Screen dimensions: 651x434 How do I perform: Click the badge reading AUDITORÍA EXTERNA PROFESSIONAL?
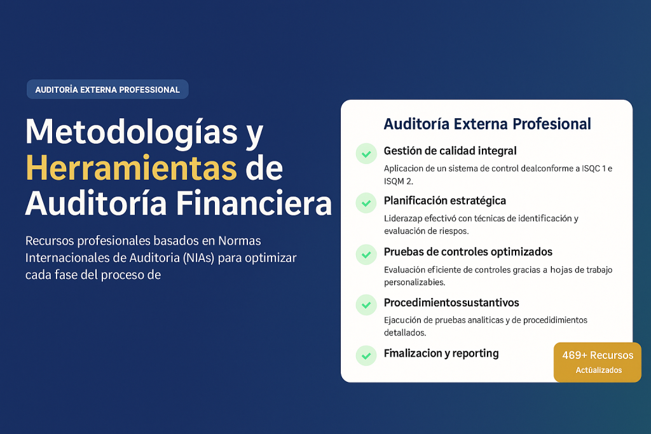tap(107, 89)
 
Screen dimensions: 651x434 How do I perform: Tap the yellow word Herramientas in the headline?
tap(131, 168)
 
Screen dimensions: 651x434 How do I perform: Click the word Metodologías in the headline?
tap(131, 132)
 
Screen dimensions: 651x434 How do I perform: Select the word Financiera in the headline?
tap(254, 203)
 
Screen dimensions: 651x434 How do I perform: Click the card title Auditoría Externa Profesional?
tap(487, 124)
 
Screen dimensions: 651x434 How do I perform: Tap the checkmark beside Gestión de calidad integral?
tap(366, 154)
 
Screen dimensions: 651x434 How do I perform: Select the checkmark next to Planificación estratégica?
tap(366, 203)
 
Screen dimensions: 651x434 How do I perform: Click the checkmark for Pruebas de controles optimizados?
tap(366, 254)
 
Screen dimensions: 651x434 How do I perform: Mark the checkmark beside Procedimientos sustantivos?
tap(366, 305)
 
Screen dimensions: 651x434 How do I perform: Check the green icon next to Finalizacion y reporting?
tap(366, 356)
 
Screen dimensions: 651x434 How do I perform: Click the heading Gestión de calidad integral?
tap(450, 151)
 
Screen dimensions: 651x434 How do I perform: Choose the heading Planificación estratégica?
tap(444, 201)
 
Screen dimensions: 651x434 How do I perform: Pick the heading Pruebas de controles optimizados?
tap(468, 252)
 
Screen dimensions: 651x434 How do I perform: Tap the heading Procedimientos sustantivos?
tap(451, 302)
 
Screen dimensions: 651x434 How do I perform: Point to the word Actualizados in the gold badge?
tap(599, 370)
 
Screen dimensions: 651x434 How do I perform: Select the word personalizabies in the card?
tap(415, 283)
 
